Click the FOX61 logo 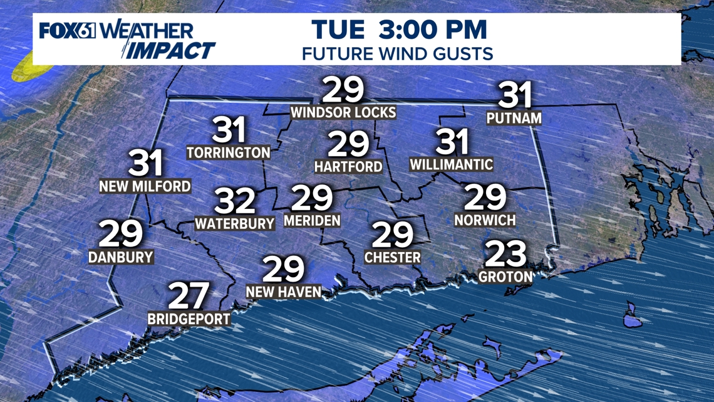[68, 31]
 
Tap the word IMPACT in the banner [168, 50]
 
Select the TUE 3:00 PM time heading [399, 29]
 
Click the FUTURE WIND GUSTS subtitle [397, 53]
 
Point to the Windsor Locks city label [343, 112]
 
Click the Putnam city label [514, 118]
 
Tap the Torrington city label [229, 152]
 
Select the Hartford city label [348, 167]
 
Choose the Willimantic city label [451, 165]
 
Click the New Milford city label [145, 186]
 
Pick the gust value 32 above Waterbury [235, 201]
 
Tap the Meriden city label [312, 220]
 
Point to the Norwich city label [485, 220]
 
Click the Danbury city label [121, 257]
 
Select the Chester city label [393, 258]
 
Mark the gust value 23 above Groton [506, 254]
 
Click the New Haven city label [284, 292]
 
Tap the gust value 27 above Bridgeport [189, 296]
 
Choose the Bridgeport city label [189, 319]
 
